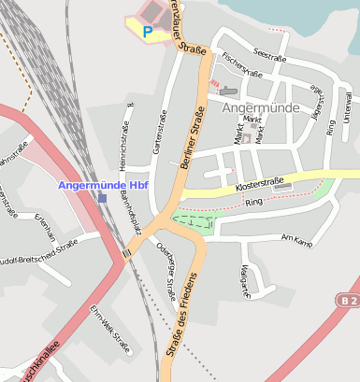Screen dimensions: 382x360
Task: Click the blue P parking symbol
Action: point(148,31)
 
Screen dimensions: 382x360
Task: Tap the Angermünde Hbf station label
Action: point(104,184)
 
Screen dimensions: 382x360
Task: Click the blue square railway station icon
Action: point(102,198)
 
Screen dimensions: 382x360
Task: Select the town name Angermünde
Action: point(263,107)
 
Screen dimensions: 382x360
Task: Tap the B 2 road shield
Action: point(349,300)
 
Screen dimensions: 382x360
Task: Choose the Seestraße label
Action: point(269,57)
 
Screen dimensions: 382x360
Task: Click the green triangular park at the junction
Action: point(194,221)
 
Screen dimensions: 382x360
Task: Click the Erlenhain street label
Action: point(42,227)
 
